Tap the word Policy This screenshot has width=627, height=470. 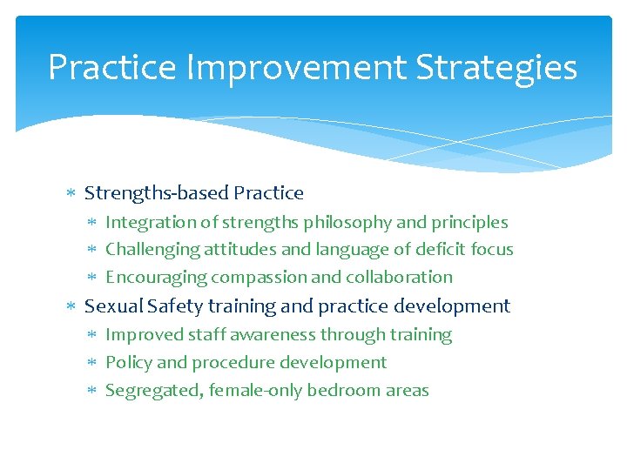128,363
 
